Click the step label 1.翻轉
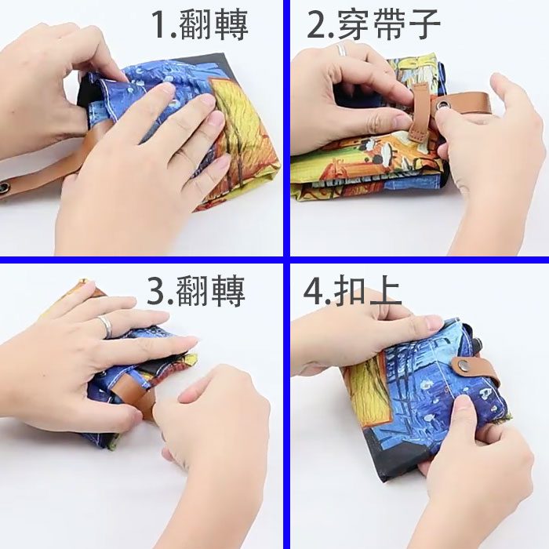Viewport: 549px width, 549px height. click(200, 24)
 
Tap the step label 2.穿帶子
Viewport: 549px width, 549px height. click(373, 24)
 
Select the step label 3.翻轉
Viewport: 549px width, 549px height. click(196, 291)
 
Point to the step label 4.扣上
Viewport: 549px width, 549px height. click(352, 291)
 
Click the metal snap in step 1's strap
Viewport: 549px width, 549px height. click(5, 187)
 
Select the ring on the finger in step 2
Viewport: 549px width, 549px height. click(341, 49)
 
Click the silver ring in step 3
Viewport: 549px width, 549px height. click(106, 325)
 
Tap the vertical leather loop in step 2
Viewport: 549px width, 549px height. click(420, 113)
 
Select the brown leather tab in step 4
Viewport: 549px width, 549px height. click(475, 370)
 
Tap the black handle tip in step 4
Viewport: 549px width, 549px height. click(476, 344)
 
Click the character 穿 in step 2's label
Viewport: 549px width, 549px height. click(354, 24)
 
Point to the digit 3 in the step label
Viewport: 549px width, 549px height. click(156, 292)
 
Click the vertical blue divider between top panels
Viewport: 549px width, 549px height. click(287, 128)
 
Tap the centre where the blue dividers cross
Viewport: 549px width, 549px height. click(287, 260)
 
